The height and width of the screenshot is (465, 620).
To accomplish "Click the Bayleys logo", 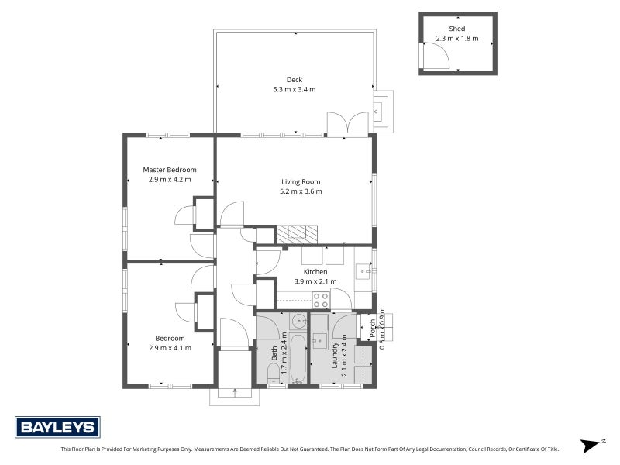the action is [57, 427].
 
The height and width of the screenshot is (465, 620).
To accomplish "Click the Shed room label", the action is [457, 29].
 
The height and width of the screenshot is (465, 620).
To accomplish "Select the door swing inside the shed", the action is [437, 56].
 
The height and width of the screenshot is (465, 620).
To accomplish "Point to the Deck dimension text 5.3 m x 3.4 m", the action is [294, 89].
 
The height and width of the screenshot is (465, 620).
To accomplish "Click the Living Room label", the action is [301, 182].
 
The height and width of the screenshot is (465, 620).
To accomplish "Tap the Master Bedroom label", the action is [170, 170].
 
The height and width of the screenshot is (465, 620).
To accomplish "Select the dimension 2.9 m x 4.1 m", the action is [170, 348].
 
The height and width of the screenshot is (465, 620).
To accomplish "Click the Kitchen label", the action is [315, 272].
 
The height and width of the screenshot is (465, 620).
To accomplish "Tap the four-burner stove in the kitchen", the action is [321, 300].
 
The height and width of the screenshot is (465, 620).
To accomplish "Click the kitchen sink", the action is [363, 272].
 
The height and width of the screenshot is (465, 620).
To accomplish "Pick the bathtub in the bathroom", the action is [298, 359].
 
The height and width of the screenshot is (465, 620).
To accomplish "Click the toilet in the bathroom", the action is [274, 373].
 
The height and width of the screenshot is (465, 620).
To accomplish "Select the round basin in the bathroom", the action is [299, 321].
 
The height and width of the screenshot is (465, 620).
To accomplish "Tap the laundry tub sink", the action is [319, 341].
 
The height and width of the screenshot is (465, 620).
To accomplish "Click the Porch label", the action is [372, 328].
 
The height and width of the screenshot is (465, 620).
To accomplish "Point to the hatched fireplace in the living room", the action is [297, 235].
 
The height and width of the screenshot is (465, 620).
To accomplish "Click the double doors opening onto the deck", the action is [347, 122].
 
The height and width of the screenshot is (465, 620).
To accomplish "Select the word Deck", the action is [294, 80].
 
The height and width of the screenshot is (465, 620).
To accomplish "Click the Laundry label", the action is [335, 355].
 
